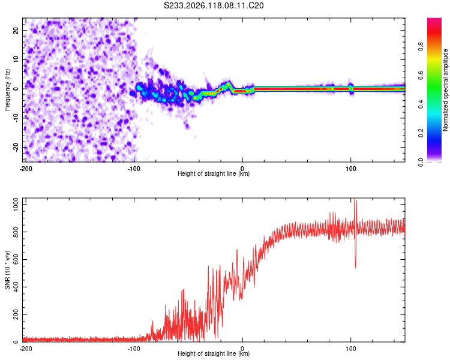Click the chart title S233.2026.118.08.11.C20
pyautogui.click(x=214, y=5)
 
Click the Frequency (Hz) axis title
pyautogui.click(x=7, y=90)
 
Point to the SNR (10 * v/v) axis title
pyautogui.click(x=7, y=270)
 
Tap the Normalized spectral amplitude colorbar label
pyautogui.click(x=445, y=90)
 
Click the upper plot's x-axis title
pyautogui.click(x=214, y=173)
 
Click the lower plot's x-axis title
pyautogui.click(x=214, y=353)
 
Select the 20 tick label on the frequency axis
pyautogui.click(x=16, y=30)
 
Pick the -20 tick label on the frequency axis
pyautogui.click(x=16, y=147)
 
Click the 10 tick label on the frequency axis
pyautogui.click(x=16, y=59)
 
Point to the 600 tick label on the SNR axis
pyautogui.click(x=16, y=259)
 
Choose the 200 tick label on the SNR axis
pyautogui.click(x=16, y=314)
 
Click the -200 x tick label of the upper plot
pyautogui.click(x=26, y=169)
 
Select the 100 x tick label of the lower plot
pyautogui.click(x=350, y=349)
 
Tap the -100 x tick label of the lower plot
pyautogui.click(x=134, y=349)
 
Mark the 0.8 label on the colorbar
pyautogui.click(x=421, y=46)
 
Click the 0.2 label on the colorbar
pyautogui.click(x=421, y=133)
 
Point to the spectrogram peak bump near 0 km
pyautogui.click(x=229, y=84)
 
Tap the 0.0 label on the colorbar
pyautogui.click(x=421, y=162)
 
